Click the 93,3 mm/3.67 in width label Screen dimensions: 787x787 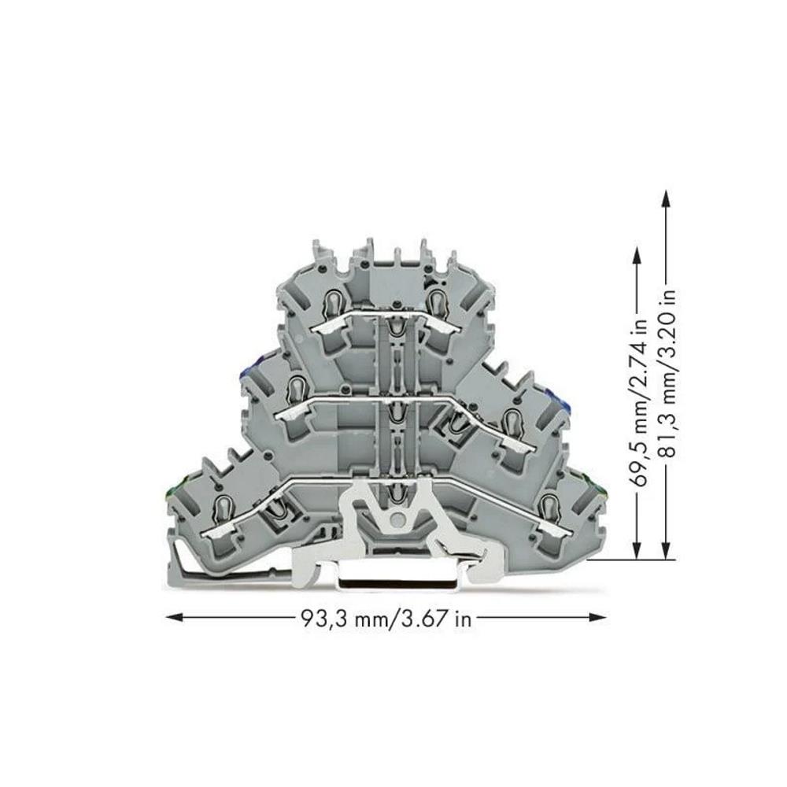[x=386, y=619]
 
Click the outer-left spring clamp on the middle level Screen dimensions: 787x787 [x=297, y=389]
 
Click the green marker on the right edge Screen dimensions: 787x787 [x=602, y=492]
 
